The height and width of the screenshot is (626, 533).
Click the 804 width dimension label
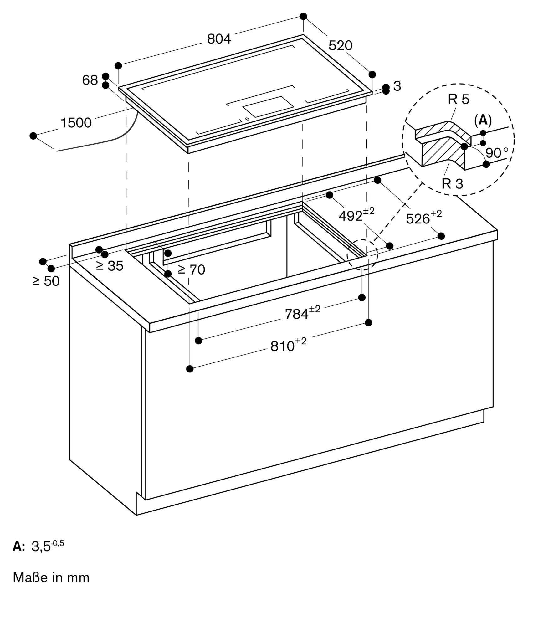pyautogui.click(x=219, y=39)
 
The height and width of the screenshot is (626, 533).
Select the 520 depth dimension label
pyautogui.click(x=340, y=46)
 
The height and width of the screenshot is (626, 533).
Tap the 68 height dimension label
pyautogui.click(x=90, y=80)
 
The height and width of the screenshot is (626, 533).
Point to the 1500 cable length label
pyautogui.click(x=76, y=123)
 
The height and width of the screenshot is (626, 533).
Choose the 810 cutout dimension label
pyautogui.click(x=288, y=346)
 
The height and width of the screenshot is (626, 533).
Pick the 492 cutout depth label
pyautogui.click(x=356, y=215)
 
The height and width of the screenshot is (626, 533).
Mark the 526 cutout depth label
pyautogui.click(x=423, y=218)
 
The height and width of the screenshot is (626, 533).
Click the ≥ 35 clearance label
pyautogui.click(x=110, y=266)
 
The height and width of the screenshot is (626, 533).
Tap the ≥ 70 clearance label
pyautogui.click(x=191, y=269)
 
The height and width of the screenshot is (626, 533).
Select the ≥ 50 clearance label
pyautogui.click(x=46, y=281)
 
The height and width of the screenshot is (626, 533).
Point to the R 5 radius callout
pyautogui.click(x=459, y=99)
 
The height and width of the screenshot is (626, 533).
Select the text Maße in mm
pyautogui.click(x=51, y=577)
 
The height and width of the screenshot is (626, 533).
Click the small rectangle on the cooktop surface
pyautogui.click(x=268, y=106)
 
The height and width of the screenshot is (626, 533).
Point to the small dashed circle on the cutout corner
pyautogui.click(x=362, y=255)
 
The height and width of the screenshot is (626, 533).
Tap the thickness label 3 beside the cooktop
pyautogui.click(x=397, y=86)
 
